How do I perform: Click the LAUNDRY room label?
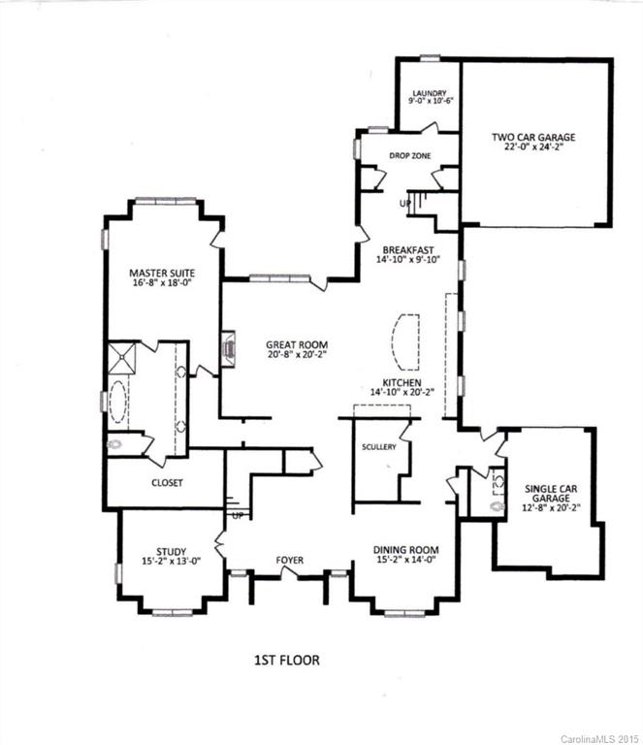[x=427, y=93]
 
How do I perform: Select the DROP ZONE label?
[x=410, y=156]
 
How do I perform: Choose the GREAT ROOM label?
[x=297, y=344]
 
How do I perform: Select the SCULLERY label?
[x=376, y=447]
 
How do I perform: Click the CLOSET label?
[x=167, y=482]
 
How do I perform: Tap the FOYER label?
[x=289, y=560]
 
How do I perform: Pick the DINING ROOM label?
[x=405, y=551]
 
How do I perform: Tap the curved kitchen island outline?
[x=403, y=341]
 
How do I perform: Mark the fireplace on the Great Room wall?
[x=227, y=347]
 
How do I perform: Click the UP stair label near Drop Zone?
[x=405, y=203]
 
